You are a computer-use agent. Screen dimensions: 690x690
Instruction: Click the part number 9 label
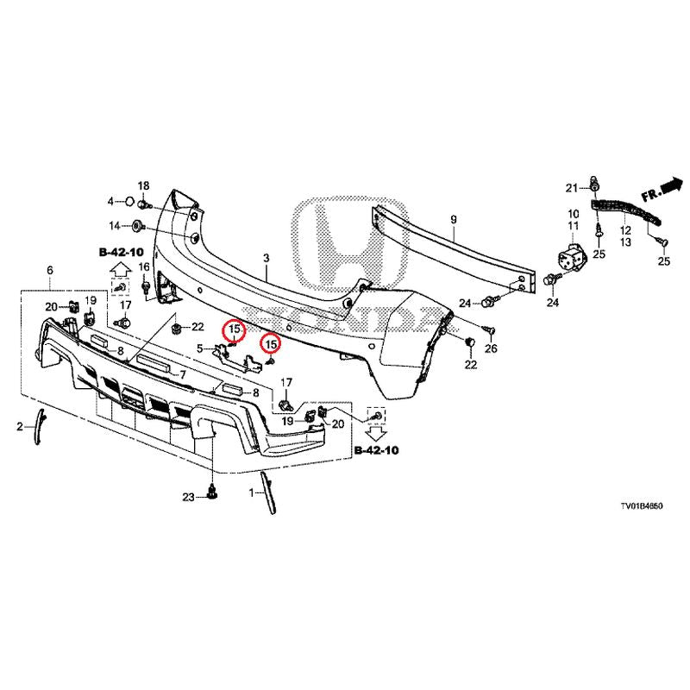[454, 220]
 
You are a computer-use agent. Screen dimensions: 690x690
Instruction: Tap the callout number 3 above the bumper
[267, 258]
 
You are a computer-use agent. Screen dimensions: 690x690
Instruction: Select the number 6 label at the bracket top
[50, 270]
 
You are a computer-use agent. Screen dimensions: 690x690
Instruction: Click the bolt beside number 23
[212, 494]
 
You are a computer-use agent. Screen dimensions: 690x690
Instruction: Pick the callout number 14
[114, 226]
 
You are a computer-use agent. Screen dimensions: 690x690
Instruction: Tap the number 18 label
[143, 186]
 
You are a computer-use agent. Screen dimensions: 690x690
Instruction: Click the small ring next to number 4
[128, 202]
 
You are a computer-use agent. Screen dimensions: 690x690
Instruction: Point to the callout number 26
[492, 348]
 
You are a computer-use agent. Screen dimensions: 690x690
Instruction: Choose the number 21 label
[571, 188]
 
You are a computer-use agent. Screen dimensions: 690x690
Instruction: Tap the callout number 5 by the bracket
[199, 348]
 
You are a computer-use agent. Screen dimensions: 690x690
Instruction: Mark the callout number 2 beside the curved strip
[20, 426]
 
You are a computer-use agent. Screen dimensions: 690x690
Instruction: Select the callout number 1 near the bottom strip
[252, 492]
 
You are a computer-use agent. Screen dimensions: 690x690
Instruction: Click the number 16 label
[144, 267]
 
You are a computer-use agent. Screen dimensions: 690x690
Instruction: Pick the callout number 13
[624, 243]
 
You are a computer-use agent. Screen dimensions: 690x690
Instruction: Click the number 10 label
[573, 213]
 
